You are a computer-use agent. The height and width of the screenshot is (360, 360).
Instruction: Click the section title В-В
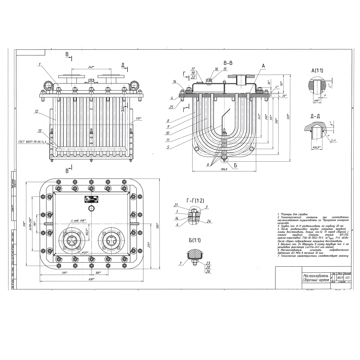[228, 63]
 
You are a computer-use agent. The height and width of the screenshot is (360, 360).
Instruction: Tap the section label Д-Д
[315, 116]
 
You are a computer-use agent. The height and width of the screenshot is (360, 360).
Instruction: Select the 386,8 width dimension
[224, 169]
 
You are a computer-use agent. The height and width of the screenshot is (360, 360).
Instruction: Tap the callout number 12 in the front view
[36, 111]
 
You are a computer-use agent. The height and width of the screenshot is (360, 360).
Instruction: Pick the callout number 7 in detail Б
[181, 263]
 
